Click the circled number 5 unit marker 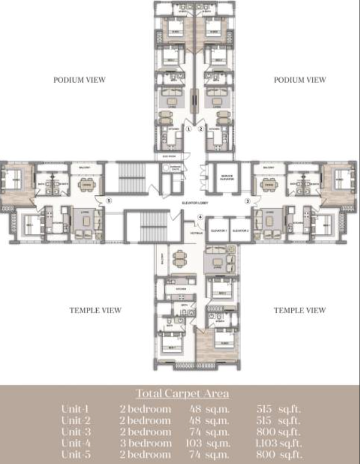(109, 200)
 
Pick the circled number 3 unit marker (247, 200)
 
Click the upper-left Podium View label (80, 80)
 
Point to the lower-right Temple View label (299, 310)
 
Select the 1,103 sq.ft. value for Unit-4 (279, 443)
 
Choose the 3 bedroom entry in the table (146, 443)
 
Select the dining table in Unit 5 (85, 183)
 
